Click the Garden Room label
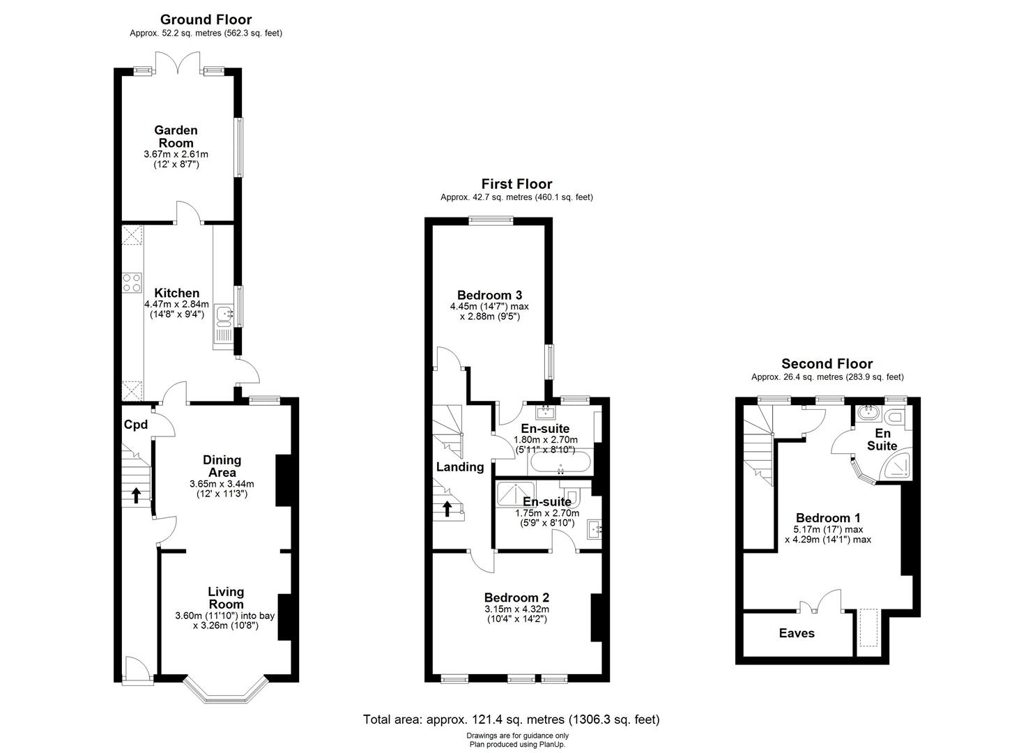click(x=176, y=137)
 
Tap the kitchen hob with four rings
click(x=132, y=282)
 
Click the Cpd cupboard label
click(x=136, y=425)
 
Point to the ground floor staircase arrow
click(x=136, y=495)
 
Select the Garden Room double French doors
click(x=179, y=64)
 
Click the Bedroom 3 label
click(x=489, y=295)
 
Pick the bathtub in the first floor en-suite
click(x=560, y=462)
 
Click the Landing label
click(x=460, y=467)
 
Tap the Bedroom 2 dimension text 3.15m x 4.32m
click(x=516, y=609)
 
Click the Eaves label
click(x=797, y=633)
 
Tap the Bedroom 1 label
click(x=828, y=518)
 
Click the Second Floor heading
click(x=827, y=364)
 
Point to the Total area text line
click(x=511, y=720)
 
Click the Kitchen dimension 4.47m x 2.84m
click(x=177, y=304)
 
